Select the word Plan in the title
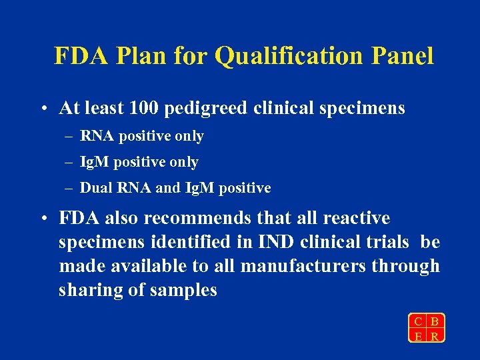point(135,56)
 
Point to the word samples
point(183,291)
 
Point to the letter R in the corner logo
point(435,336)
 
